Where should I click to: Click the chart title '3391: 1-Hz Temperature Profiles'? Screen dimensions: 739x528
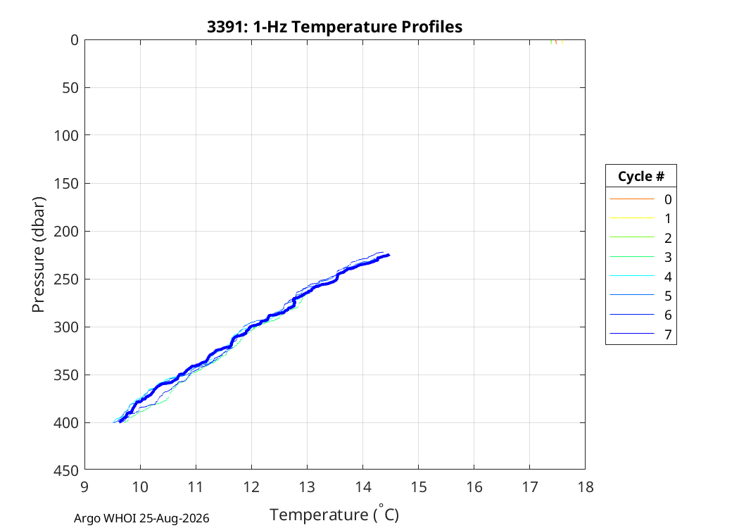334,27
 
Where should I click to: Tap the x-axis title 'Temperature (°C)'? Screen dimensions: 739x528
334,514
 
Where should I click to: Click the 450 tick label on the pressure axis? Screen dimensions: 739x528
65,470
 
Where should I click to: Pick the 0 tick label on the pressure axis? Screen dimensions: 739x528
75,40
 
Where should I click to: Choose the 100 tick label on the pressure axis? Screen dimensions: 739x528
65,136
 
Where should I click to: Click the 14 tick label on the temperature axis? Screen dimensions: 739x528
363,486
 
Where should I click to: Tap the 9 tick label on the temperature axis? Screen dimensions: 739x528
84,486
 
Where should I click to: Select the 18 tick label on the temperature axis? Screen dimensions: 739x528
586,486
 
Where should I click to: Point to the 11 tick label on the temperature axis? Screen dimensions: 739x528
196,486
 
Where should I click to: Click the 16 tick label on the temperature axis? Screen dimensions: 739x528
474,486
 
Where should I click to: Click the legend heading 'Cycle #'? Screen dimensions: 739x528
641,176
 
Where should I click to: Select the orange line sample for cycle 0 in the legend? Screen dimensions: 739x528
632,199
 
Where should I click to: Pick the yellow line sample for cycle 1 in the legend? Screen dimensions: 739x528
632,218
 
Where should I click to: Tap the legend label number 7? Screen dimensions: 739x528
668,334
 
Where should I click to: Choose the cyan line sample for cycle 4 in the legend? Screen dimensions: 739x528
632,276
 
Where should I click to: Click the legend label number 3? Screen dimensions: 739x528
668,258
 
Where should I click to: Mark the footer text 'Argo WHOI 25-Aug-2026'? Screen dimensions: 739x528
141,519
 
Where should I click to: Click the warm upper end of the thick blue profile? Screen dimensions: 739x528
389,255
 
